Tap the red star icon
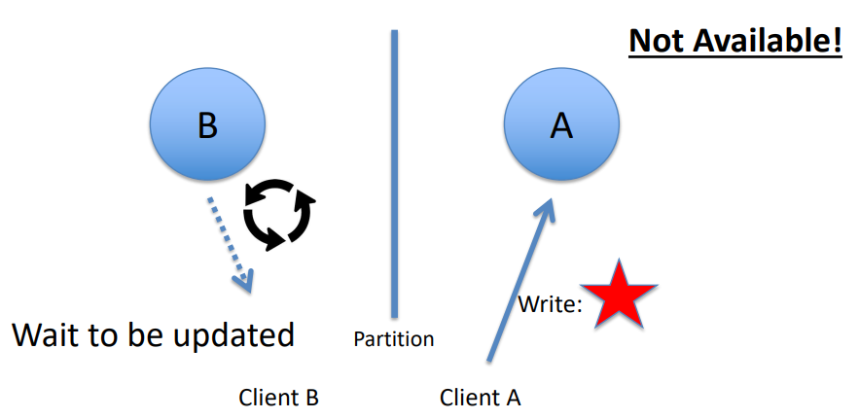point(619,295)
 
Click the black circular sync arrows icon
point(279,211)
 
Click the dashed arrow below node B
point(230,242)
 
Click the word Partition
point(393,339)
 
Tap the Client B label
point(278,397)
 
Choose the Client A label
point(480,397)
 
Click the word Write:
point(550,304)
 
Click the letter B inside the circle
point(206,125)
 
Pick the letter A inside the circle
point(561,125)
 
